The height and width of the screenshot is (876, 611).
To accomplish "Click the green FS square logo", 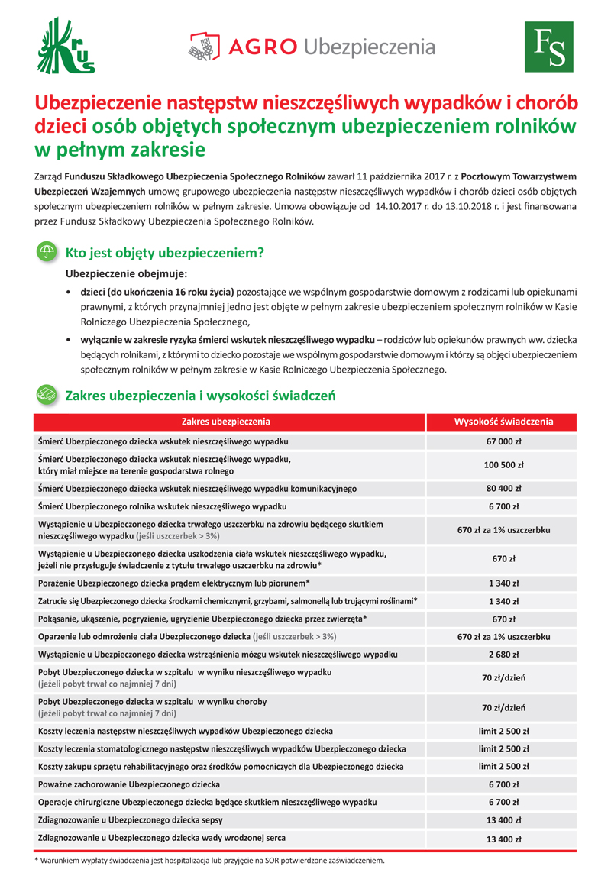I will [x=548, y=47].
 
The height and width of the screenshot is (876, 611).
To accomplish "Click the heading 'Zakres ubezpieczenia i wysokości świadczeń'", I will [x=200, y=396].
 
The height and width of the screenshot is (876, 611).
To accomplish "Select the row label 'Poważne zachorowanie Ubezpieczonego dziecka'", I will [x=129, y=784].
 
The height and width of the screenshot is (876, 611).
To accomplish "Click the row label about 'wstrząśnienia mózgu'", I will [x=218, y=655].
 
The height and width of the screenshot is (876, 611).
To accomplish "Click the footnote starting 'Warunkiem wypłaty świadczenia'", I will [x=209, y=860].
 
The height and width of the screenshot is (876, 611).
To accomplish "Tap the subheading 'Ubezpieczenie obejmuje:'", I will [x=126, y=273].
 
